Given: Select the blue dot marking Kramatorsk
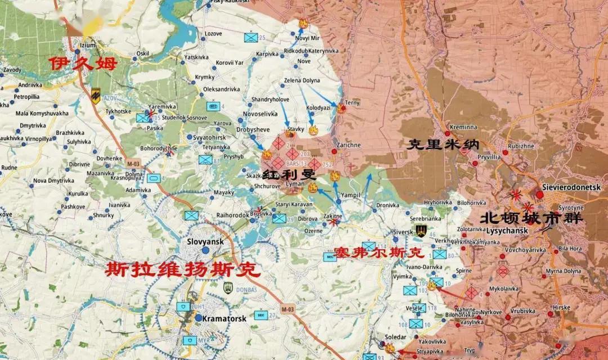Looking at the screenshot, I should coord(198,318).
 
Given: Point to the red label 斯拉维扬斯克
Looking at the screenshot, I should coord(184,270).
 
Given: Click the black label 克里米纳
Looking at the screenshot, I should coord(439,145).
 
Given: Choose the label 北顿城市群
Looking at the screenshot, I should coord(531,217).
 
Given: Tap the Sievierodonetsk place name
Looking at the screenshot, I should coord(571,187).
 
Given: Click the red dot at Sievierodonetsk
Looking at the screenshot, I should coord(540,195).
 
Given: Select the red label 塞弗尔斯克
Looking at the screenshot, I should coord(378,253).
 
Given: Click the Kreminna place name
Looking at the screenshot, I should coord(463,128).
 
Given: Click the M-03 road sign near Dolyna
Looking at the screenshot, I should coord(132,164).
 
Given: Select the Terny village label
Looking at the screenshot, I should coord(352,103).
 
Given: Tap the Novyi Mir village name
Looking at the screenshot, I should coord(307,38).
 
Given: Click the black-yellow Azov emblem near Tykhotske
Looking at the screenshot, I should coord(96,96).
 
